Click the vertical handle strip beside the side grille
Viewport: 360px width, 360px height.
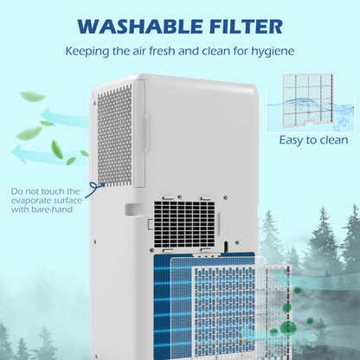(x=139, y=133)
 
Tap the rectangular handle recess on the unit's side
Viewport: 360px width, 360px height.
(x=133, y=210)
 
